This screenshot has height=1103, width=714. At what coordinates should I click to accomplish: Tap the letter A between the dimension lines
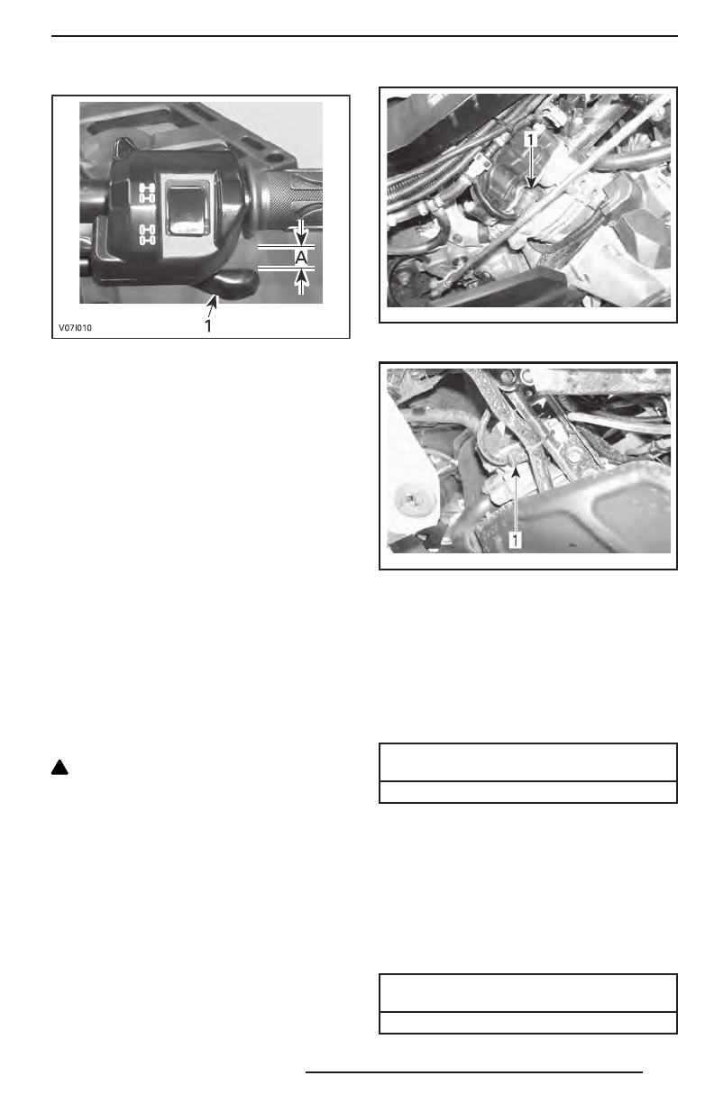point(301,257)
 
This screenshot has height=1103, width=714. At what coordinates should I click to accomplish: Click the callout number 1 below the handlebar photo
point(208,326)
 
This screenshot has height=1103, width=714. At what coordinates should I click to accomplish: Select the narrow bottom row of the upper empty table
point(527,791)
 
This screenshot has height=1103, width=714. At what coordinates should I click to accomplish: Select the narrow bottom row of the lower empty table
point(527,1022)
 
